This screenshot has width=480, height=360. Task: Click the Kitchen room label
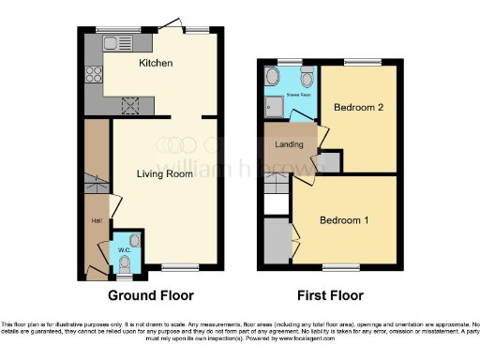(x=155, y=64)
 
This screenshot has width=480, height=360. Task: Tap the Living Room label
(x=165, y=173)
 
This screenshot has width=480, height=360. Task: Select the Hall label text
(x=96, y=220)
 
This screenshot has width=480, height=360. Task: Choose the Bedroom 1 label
(x=343, y=220)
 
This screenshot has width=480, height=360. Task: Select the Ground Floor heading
(x=150, y=295)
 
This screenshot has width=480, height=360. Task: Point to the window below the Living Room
(x=172, y=269)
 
